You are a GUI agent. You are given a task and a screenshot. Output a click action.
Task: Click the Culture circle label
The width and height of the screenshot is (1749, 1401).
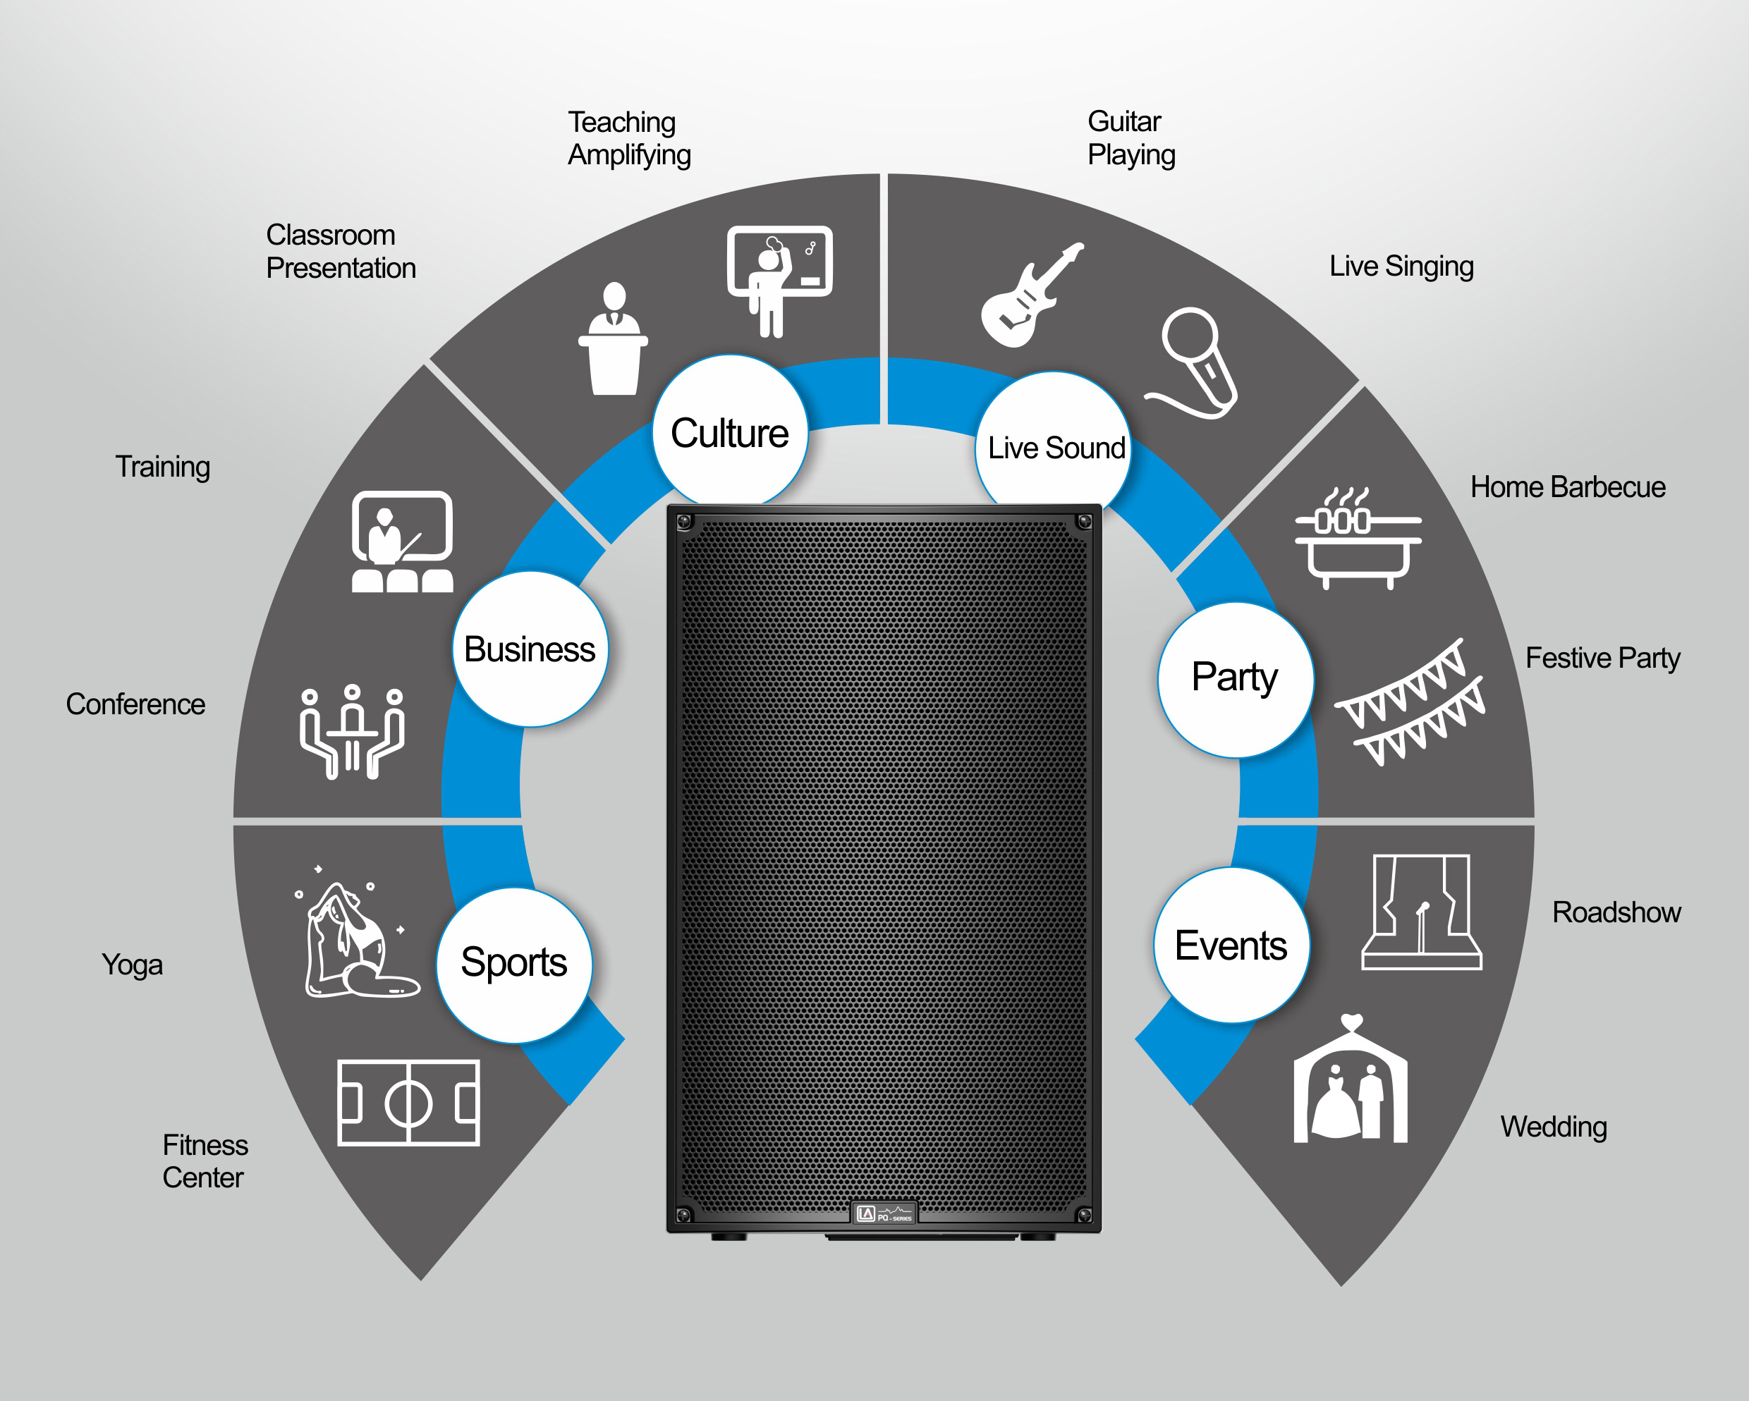click(729, 432)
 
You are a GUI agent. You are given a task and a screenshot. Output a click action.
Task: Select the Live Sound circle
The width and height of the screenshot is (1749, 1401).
click(1053, 445)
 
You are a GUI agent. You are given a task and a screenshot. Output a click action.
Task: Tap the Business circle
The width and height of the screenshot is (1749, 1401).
click(530, 648)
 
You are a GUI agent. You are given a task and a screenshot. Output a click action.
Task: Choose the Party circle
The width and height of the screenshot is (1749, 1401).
click(1235, 679)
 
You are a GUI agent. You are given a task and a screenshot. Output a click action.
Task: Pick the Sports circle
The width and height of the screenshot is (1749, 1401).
click(514, 965)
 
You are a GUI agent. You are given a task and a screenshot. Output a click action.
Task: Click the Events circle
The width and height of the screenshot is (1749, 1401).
click(1231, 944)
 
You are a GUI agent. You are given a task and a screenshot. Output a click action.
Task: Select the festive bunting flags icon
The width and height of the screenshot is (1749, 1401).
click(1410, 702)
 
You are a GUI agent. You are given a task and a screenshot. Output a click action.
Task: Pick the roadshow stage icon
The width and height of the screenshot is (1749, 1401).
click(1422, 912)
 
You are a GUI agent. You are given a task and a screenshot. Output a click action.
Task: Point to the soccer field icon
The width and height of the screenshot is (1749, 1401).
click(408, 1103)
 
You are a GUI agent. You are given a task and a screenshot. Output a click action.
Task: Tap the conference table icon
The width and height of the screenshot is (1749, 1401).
click(352, 732)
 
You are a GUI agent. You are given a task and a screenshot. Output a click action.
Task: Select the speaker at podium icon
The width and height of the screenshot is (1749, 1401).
click(614, 338)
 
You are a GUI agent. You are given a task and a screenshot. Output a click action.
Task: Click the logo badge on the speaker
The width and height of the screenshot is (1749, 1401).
click(884, 1213)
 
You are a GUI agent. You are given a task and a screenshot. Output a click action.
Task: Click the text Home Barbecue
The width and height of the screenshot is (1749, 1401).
click(1568, 487)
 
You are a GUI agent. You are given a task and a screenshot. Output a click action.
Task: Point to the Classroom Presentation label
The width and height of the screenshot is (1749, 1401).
click(341, 252)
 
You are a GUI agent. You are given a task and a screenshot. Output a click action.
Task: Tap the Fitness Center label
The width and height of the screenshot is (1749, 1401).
click(205, 1161)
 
